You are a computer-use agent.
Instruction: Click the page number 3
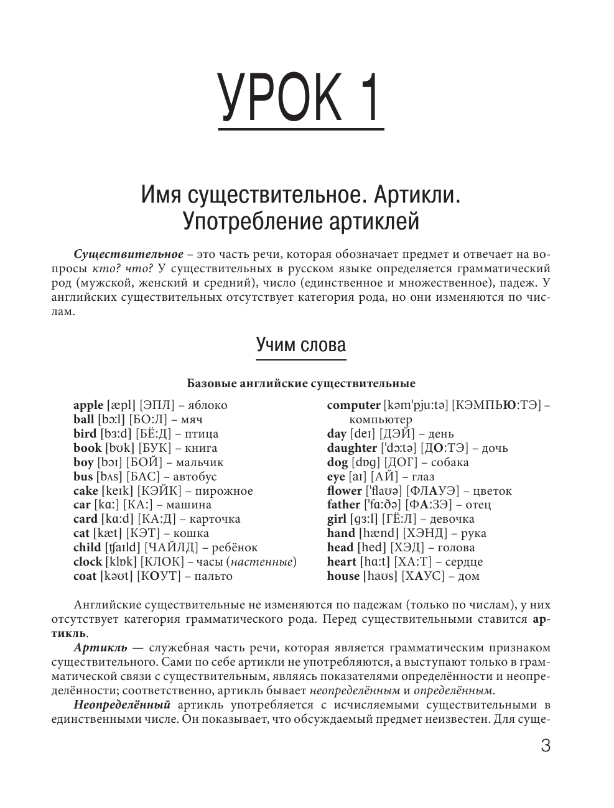click(546, 746)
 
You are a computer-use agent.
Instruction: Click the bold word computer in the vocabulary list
click(353, 405)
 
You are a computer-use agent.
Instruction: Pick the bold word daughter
click(351, 448)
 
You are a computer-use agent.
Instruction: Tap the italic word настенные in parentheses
click(261, 562)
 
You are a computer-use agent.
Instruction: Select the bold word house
click(343, 576)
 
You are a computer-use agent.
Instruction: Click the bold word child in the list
click(87, 548)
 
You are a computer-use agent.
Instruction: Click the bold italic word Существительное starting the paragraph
click(128, 255)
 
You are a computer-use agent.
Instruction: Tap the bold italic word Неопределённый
click(122, 705)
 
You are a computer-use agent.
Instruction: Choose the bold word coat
click(85, 576)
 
